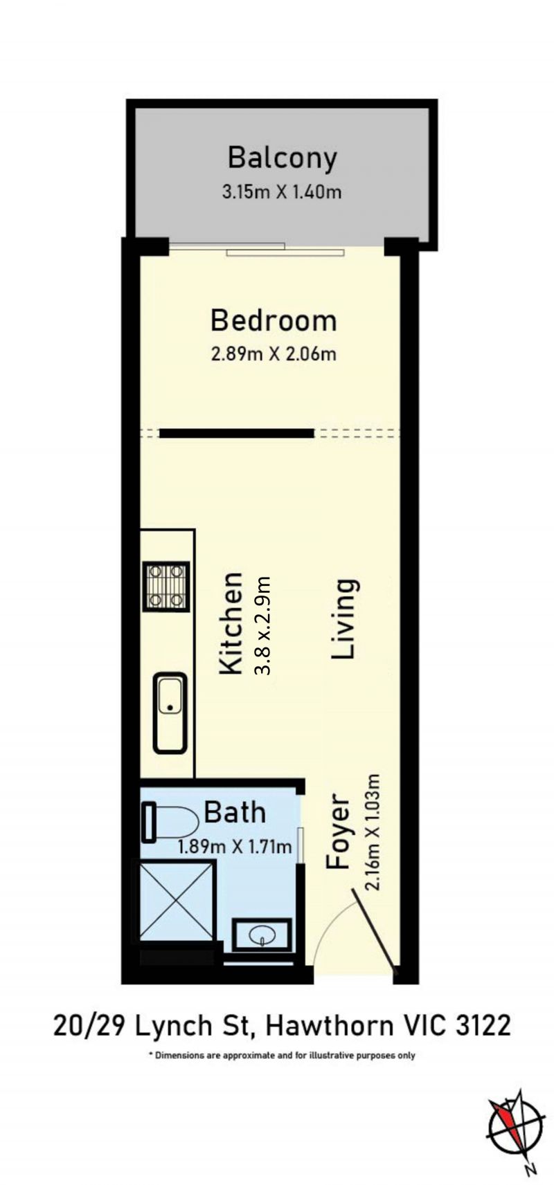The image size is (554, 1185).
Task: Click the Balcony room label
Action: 282,158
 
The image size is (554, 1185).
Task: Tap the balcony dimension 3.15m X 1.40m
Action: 282,192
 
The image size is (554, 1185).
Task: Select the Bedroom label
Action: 274,320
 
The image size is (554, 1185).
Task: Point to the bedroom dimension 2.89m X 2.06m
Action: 274,353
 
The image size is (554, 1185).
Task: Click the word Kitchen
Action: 231,623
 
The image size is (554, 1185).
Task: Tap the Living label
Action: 344,619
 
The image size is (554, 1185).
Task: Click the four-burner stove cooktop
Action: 166,586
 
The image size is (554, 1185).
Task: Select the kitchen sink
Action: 170,713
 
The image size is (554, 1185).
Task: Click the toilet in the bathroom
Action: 169,822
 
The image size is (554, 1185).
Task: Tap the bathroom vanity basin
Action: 262,935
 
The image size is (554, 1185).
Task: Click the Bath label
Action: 235,812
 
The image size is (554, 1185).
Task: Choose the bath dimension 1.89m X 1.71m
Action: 235,847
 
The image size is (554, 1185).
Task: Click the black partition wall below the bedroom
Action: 237,434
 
